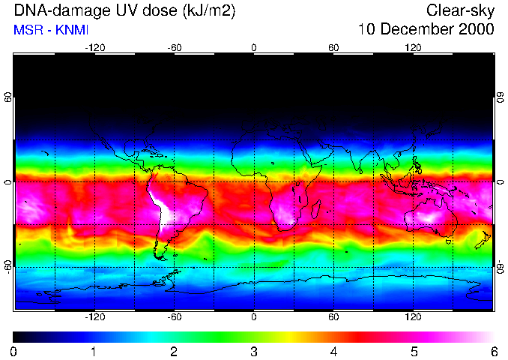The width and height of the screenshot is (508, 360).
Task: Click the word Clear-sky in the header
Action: (460, 10)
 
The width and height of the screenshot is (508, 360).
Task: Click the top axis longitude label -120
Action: (94, 48)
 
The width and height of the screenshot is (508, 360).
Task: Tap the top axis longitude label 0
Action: (254, 48)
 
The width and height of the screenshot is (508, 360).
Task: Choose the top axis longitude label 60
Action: (333, 48)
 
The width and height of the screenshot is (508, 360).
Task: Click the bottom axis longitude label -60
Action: (174, 317)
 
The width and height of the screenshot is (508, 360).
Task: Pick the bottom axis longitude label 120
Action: (413, 317)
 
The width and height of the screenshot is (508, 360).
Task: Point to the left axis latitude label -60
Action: (7, 267)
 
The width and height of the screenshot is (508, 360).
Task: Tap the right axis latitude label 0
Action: (501, 182)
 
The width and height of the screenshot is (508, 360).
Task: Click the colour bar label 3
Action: (254, 351)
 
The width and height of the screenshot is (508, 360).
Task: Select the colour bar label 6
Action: (494, 351)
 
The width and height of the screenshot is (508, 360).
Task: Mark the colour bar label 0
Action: (14, 351)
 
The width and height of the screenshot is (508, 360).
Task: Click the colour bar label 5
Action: (414, 351)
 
